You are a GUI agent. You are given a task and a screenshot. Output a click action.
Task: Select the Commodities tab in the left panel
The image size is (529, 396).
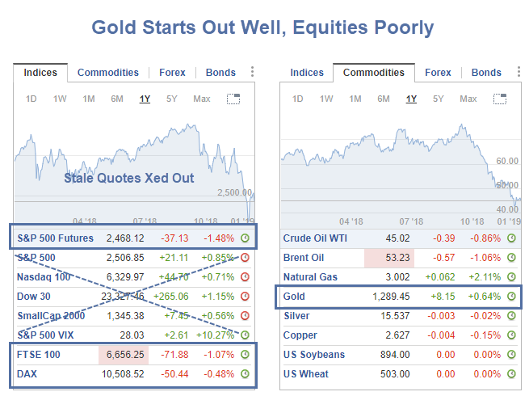108,73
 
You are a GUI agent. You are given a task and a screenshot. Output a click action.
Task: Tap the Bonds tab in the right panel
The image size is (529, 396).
486,73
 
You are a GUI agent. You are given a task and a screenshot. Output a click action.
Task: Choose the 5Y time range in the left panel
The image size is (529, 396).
171,99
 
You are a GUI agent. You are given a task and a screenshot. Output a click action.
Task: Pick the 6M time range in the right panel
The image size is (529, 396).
384,99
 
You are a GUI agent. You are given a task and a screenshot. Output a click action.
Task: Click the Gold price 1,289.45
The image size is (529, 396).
392,297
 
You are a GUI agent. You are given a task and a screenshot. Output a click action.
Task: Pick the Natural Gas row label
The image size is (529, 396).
312,277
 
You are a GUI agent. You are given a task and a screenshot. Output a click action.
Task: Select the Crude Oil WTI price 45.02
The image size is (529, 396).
395,238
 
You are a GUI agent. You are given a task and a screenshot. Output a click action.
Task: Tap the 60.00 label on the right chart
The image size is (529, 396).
506,162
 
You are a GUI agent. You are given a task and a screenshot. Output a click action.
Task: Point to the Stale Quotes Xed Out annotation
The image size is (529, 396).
129,178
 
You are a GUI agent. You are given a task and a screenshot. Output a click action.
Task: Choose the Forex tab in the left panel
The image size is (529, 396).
172,73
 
